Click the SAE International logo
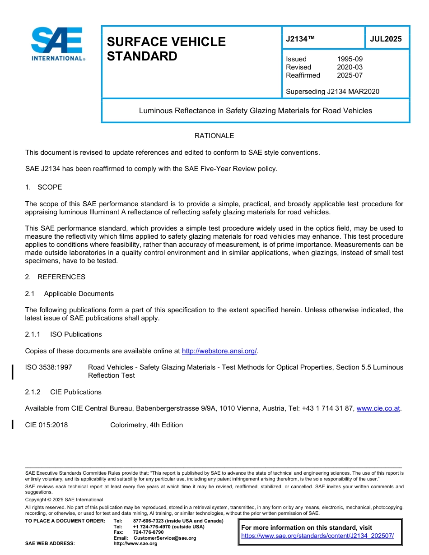[57, 43]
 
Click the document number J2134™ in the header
[300, 39]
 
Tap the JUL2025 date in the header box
[386, 39]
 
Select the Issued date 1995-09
[350, 59]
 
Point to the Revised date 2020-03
[350, 67]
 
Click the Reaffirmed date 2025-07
[350, 75]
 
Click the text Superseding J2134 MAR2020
[332, 92]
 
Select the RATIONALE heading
[214, 136]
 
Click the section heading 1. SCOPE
[44, 187]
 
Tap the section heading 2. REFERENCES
[55, 277]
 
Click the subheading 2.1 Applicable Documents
[70, 294]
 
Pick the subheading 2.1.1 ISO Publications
[63, 334]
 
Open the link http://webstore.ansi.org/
[219, 351]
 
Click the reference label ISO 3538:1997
[48, 367]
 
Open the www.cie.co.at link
[378, 408]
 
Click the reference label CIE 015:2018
[47, 425]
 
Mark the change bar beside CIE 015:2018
[13, 425]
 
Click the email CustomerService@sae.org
[164, 538]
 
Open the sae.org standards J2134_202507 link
[317, 536]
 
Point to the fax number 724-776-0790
[148, 532]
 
